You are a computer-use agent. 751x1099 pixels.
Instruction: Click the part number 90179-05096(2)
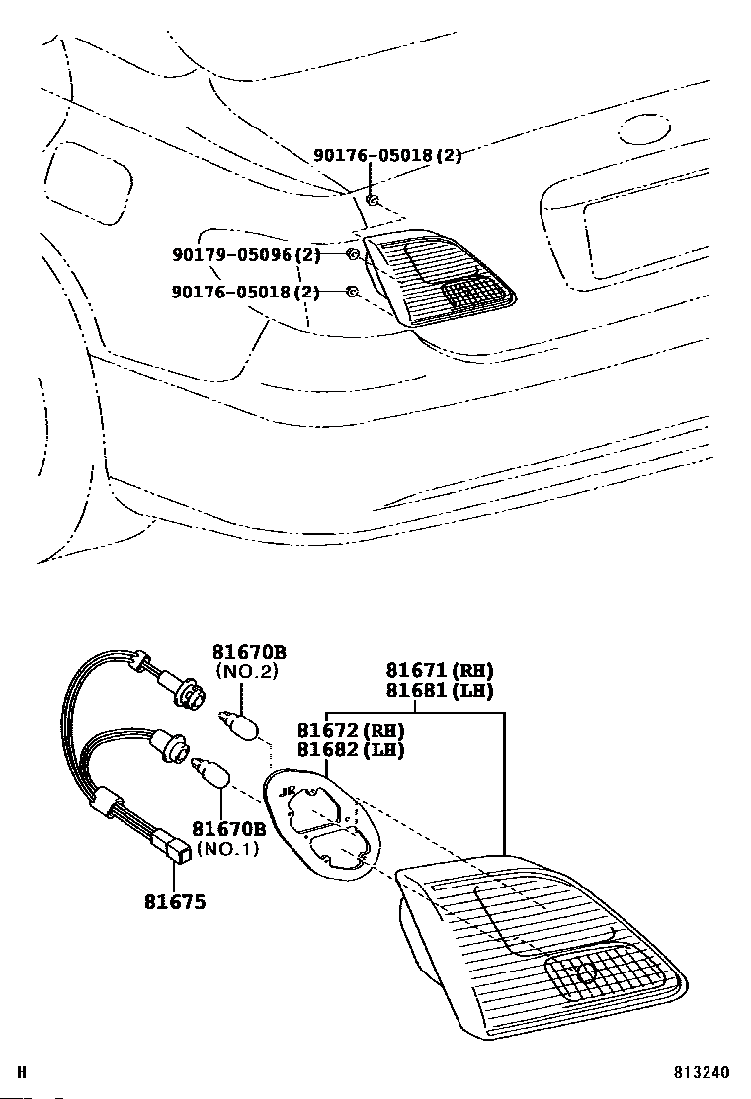pos(246,255)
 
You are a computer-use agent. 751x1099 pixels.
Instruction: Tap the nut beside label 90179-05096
pos(353,256)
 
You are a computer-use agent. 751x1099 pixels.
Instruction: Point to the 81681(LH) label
pos(439,691)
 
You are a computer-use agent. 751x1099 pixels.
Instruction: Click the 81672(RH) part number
pos(351,730)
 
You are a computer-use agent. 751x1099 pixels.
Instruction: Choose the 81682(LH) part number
pos(351,750)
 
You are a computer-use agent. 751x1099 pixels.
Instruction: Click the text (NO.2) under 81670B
pos(246,671)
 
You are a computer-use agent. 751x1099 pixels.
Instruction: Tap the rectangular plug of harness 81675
pos(178,846)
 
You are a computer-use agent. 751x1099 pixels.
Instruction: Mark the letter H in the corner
pos(22,1072)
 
